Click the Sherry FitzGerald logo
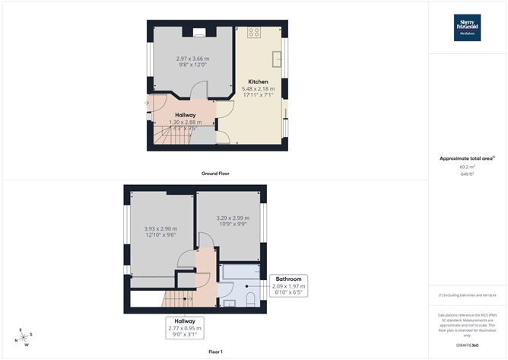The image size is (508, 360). pos(467,27)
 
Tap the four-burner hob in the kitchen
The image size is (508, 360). pos(254,33)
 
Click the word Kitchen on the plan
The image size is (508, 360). pos(259,81)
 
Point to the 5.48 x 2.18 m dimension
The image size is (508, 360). pos(259,89)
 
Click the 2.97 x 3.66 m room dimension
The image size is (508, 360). pos(192,59)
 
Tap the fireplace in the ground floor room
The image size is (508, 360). pos(198,32)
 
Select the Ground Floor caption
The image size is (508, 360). pos(215,174)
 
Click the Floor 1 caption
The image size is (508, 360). pos(215,352)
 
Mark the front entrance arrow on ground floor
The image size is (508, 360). pos(146,103)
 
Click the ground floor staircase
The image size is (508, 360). pos(169,137)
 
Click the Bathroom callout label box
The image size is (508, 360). pos(288,285)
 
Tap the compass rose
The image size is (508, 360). pos(24,337)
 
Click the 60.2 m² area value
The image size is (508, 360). pos(467,167)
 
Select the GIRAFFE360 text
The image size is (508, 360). pos(468,346)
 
